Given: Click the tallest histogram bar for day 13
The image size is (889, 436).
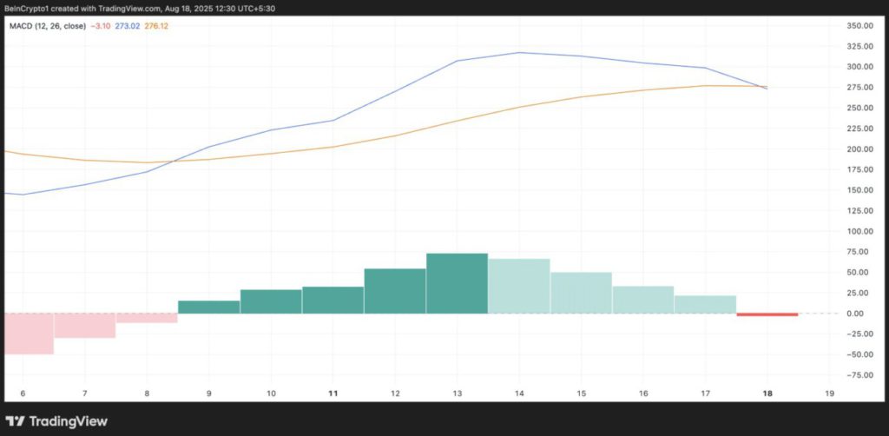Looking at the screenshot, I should tap(457, 283).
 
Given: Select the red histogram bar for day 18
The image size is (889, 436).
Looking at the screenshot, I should tap(767, 314).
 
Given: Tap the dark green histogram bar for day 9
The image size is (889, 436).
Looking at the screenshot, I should tap(208, 307).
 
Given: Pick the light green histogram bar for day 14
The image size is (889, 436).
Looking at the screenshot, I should tap(519, 286).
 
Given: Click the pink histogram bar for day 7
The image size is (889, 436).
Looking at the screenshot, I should tap(84, 326).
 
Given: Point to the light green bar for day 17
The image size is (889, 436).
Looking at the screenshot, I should tap(705, 304).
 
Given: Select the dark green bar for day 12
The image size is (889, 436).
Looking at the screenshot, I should tap(395, 291).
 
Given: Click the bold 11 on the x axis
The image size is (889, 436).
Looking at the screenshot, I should tap(333, 393).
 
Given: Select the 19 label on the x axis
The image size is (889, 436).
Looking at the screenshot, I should tap(829, 393).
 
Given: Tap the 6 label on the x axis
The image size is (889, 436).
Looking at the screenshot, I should tap(23, 393).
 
